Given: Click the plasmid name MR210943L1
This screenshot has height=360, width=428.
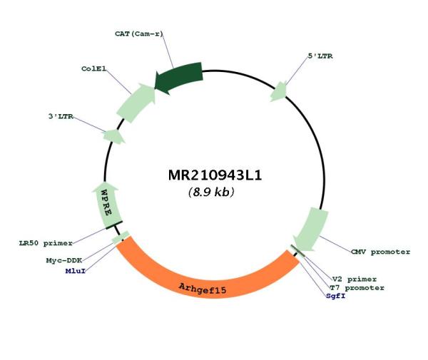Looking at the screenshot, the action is point(215,175).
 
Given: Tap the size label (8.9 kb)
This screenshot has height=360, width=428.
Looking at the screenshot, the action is point(211,192).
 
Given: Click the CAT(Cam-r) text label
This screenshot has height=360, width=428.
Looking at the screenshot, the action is point(138,34).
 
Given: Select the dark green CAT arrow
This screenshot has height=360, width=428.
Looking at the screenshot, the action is point(179,77).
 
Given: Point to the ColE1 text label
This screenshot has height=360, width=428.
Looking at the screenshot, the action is point(93,68).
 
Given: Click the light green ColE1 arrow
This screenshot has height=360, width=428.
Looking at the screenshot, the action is point(136,103).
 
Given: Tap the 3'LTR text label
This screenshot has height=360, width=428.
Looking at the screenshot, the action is point(61,116).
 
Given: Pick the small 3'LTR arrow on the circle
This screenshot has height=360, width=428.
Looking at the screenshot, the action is point(113,136).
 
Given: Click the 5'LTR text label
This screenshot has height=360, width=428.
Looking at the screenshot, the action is point(320,56).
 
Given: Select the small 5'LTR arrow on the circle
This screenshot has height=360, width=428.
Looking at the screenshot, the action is point(278,92).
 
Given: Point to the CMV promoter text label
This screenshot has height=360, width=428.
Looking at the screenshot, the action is point(380,252).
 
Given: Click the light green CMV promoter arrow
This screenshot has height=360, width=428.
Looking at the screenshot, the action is point(310,229).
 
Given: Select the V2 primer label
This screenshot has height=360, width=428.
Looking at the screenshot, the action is point(355,279).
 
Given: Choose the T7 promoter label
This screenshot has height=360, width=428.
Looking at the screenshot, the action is point(357,288).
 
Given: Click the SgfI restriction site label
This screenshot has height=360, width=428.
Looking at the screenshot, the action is point(336,296).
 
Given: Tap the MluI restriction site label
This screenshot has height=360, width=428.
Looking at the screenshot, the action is point(76,271).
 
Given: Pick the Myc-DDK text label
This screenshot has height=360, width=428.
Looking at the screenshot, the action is point(64,261).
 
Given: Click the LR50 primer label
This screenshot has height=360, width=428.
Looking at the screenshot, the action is point(46,243).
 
